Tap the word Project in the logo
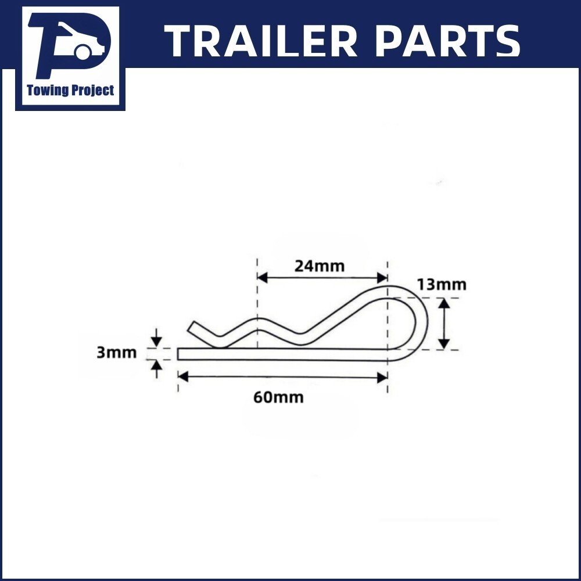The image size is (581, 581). pos(92,91)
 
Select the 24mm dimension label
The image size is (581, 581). pos(319,266)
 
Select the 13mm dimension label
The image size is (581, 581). pos(441,285)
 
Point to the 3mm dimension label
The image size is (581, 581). pos(116,353)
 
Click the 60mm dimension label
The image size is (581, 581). pos(278,397)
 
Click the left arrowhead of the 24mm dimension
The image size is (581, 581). pos(262,278)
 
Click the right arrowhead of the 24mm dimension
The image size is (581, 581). pos(382,278)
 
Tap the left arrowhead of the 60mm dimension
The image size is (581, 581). pos(183,377)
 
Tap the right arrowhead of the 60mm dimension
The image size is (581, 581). pos(382,377)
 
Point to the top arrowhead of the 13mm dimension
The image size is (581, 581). pos(444,303)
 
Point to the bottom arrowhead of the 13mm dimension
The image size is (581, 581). pos(444,344)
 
